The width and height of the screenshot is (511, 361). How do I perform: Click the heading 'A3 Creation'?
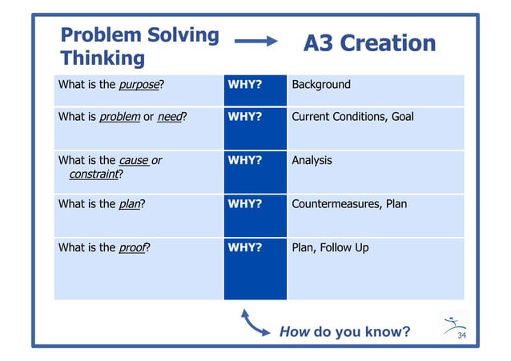[x=369, y=43]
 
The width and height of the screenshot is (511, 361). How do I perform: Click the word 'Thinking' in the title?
[x=103, y=58]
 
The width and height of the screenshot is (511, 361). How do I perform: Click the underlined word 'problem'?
[x=119, y=117]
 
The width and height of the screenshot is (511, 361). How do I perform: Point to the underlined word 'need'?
[x=169, y=117]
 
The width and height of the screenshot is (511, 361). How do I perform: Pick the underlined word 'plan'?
[x=128, y=204]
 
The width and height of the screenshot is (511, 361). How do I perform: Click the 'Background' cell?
[x=320, y=85]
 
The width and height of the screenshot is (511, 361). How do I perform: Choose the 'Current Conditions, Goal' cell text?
[x=352, y=117]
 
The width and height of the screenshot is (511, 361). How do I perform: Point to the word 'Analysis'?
[x=312, y=160]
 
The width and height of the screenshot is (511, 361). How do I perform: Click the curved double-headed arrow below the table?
[x=255, y=324]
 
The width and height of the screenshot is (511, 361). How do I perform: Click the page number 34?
[x=461, y=335]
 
